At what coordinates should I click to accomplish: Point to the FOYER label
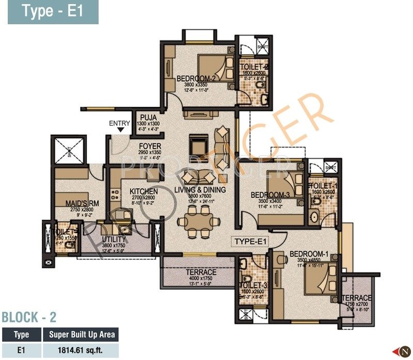coord(150,146)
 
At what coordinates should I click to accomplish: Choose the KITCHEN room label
coord(130,191)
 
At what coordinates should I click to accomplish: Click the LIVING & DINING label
coord(200,190)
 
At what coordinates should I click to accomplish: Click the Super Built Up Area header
coord(81,335)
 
